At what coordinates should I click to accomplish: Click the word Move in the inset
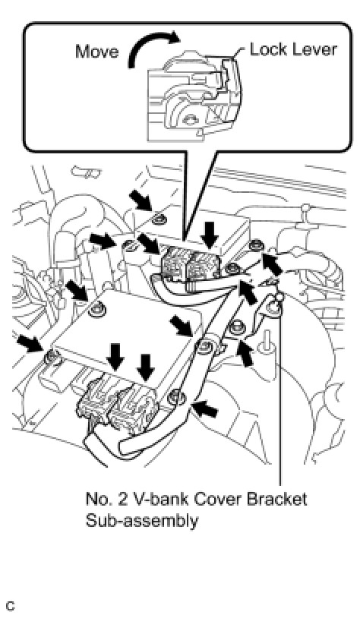coord(97,52)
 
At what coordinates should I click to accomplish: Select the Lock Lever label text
coord(293,49)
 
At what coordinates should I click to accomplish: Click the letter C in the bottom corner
coord(11,606)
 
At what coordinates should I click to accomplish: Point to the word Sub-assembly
coord(142,521)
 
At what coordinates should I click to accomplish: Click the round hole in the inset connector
coord(191,118)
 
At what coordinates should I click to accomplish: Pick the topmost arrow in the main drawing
coord(141,201)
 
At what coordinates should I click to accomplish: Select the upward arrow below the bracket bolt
coord(246,353)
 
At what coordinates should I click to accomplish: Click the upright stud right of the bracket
coord(264,342)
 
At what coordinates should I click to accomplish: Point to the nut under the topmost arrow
coord(159,218)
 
